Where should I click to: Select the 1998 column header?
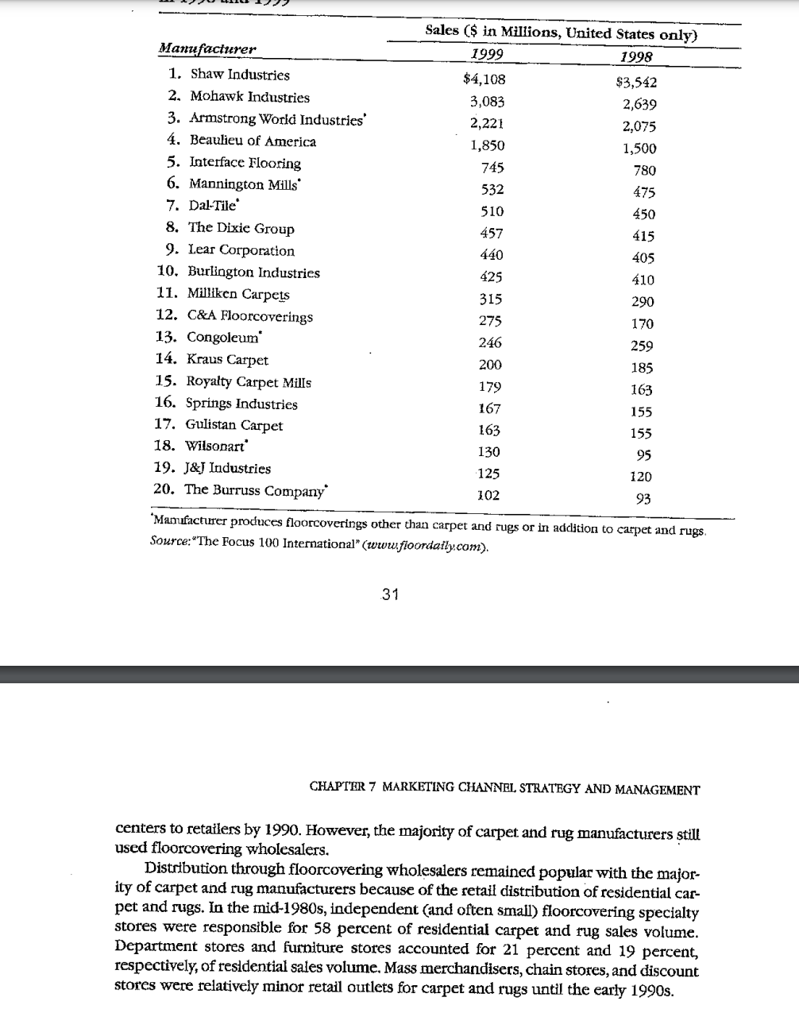coord(635,56)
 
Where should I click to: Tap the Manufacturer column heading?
coord(207,48)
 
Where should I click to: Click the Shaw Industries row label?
coord(239,75)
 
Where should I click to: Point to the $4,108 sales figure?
coord(484,79)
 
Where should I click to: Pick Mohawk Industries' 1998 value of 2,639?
coord(639,104)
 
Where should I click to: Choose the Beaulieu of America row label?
coord(252,141)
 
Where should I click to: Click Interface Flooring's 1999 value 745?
coord(492,168)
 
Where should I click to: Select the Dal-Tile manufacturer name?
coord(212,206)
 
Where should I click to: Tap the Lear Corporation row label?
coord(241,250)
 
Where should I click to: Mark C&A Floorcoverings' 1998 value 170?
coord(642,323)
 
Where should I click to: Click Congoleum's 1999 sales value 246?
coord(489,342)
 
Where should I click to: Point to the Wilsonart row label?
coord(216,446)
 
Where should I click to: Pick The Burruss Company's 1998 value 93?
coord(643,499)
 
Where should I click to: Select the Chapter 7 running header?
coord(504,789)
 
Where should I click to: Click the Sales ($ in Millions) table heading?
coord(561,33)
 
